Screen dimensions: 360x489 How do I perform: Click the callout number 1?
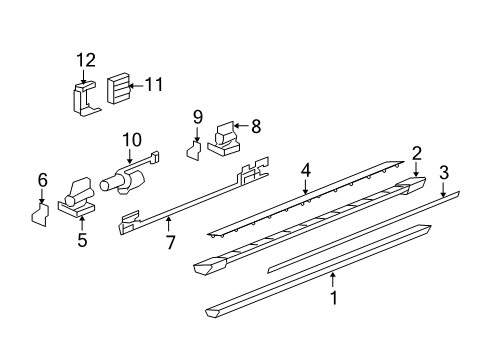334,297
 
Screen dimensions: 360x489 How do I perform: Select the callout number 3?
443,171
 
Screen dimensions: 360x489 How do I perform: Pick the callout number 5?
83,240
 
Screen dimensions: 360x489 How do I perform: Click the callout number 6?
42,179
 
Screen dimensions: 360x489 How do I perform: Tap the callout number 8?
255,126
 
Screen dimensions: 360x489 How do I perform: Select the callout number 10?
131,138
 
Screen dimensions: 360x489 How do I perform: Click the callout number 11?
153,85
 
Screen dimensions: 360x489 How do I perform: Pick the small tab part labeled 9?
196,150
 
